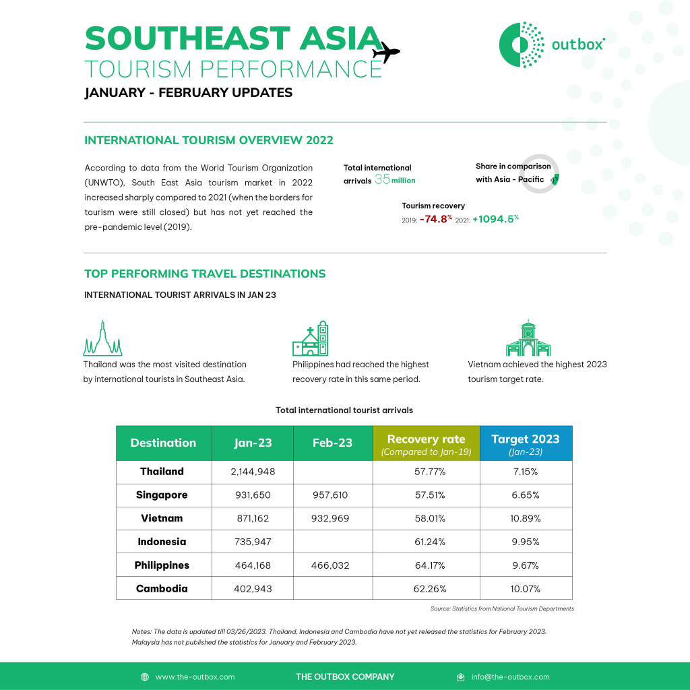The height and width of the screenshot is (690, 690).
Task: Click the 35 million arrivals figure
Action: click(x=395, y=180)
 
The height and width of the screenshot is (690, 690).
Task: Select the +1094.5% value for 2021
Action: click(x=495, y=218)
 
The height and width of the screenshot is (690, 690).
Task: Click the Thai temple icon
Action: click(x=102, y=339)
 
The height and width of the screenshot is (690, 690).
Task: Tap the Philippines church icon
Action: click(x=311, y=338)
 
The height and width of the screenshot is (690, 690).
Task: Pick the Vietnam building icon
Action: click(x=528, y=338)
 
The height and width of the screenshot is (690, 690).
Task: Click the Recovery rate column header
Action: click(x=426, y=443)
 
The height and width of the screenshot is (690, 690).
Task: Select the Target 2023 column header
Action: click(x=526, y=443)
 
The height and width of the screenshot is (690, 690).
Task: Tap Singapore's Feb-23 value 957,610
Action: click(x=330, y=495)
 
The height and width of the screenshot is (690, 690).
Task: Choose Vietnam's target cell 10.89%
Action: click(x=526, y=519)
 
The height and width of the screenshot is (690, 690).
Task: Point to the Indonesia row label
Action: click(x=162, y=542)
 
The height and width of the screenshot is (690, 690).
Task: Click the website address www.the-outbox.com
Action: click(x=195, y=677)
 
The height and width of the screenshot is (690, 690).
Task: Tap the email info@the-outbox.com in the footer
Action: click(x=510, y=677)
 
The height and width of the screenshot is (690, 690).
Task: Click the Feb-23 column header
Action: click(x=333, y=443)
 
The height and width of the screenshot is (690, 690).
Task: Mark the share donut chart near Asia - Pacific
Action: click(x=540, y=174)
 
